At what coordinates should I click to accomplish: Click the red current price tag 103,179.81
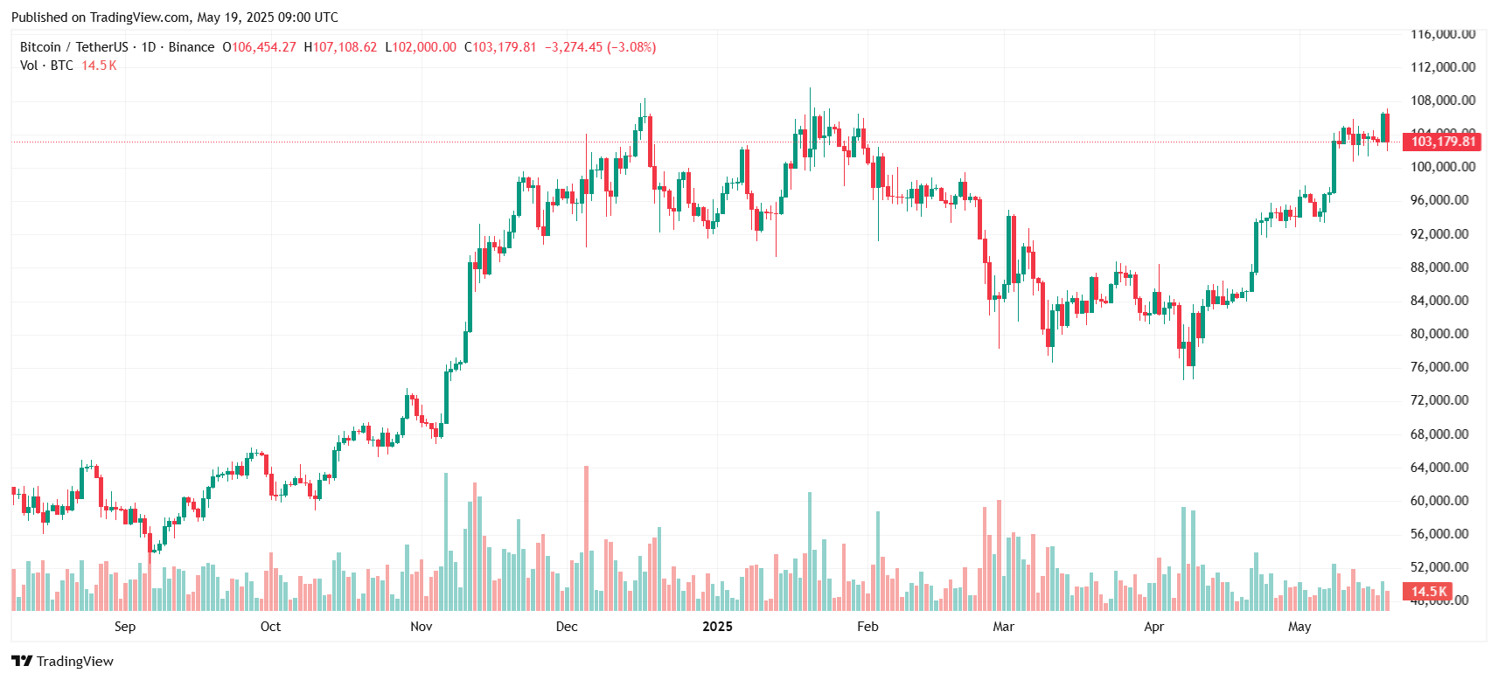tap(1442, 142)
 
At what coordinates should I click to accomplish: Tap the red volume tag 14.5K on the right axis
tap(1429, 592)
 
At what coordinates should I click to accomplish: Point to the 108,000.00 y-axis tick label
tap(1442, 101)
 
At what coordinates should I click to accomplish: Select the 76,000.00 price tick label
tap(1439, 367)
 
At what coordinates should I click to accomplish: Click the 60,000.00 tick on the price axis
tap(1439, 501)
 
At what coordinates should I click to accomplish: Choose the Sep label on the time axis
tap(125, 627)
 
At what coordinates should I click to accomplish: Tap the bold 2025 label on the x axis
tap(717, 627)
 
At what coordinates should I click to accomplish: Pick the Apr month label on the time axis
tap(1153, 627)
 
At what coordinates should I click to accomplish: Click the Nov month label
tap(422, 627)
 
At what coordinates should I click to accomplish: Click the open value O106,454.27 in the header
tap(260, 47)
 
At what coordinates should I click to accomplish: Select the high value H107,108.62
tap(341, 47)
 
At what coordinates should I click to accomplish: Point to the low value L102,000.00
tap(421, 47)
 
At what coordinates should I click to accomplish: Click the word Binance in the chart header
tap(192, 47)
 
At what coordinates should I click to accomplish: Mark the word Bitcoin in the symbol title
tap(40, 47)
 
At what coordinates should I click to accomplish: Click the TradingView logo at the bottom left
tap(62, 661)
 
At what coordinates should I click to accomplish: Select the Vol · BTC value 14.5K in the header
tap(99, 66)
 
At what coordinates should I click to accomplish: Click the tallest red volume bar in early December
tap(586, 538)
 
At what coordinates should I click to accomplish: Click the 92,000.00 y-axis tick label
tap(1439, 234)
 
